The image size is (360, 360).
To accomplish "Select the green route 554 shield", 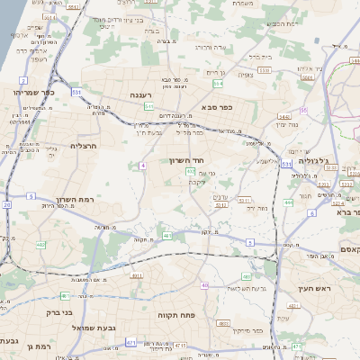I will (218, 83).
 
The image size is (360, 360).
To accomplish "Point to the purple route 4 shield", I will (143, 165).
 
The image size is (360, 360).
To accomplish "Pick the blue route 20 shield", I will (7, 205).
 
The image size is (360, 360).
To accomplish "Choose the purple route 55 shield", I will (304, 110).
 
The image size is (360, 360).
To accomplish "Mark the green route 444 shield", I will (288, 202).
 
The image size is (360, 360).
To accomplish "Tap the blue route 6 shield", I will (311, 213).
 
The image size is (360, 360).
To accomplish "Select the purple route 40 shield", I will (205, 285).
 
